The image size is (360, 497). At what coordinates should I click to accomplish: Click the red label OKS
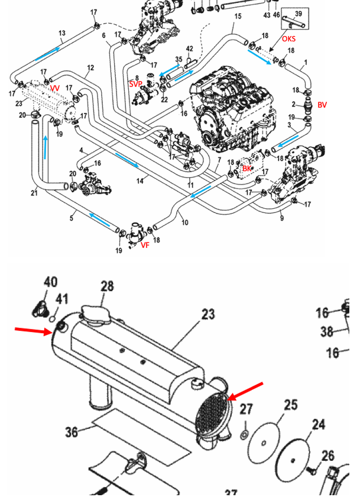[x=288, y=39]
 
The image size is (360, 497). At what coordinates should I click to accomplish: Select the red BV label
[x=322, y=105]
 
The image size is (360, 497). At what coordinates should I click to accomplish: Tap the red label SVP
[x=135, y=84]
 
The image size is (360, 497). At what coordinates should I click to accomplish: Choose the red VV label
[x=55, y=88]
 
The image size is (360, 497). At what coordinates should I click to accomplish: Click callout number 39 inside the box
[x=298, y=13]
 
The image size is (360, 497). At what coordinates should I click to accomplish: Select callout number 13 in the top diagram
[x=62, y=33]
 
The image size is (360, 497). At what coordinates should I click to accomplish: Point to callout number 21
[x=34, y=192]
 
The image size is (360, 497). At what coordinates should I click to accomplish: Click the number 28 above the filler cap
[x=106, y=286]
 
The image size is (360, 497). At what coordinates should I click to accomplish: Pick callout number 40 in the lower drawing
[x=50, y=282]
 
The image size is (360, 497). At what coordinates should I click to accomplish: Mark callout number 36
[x=72, y=433]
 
